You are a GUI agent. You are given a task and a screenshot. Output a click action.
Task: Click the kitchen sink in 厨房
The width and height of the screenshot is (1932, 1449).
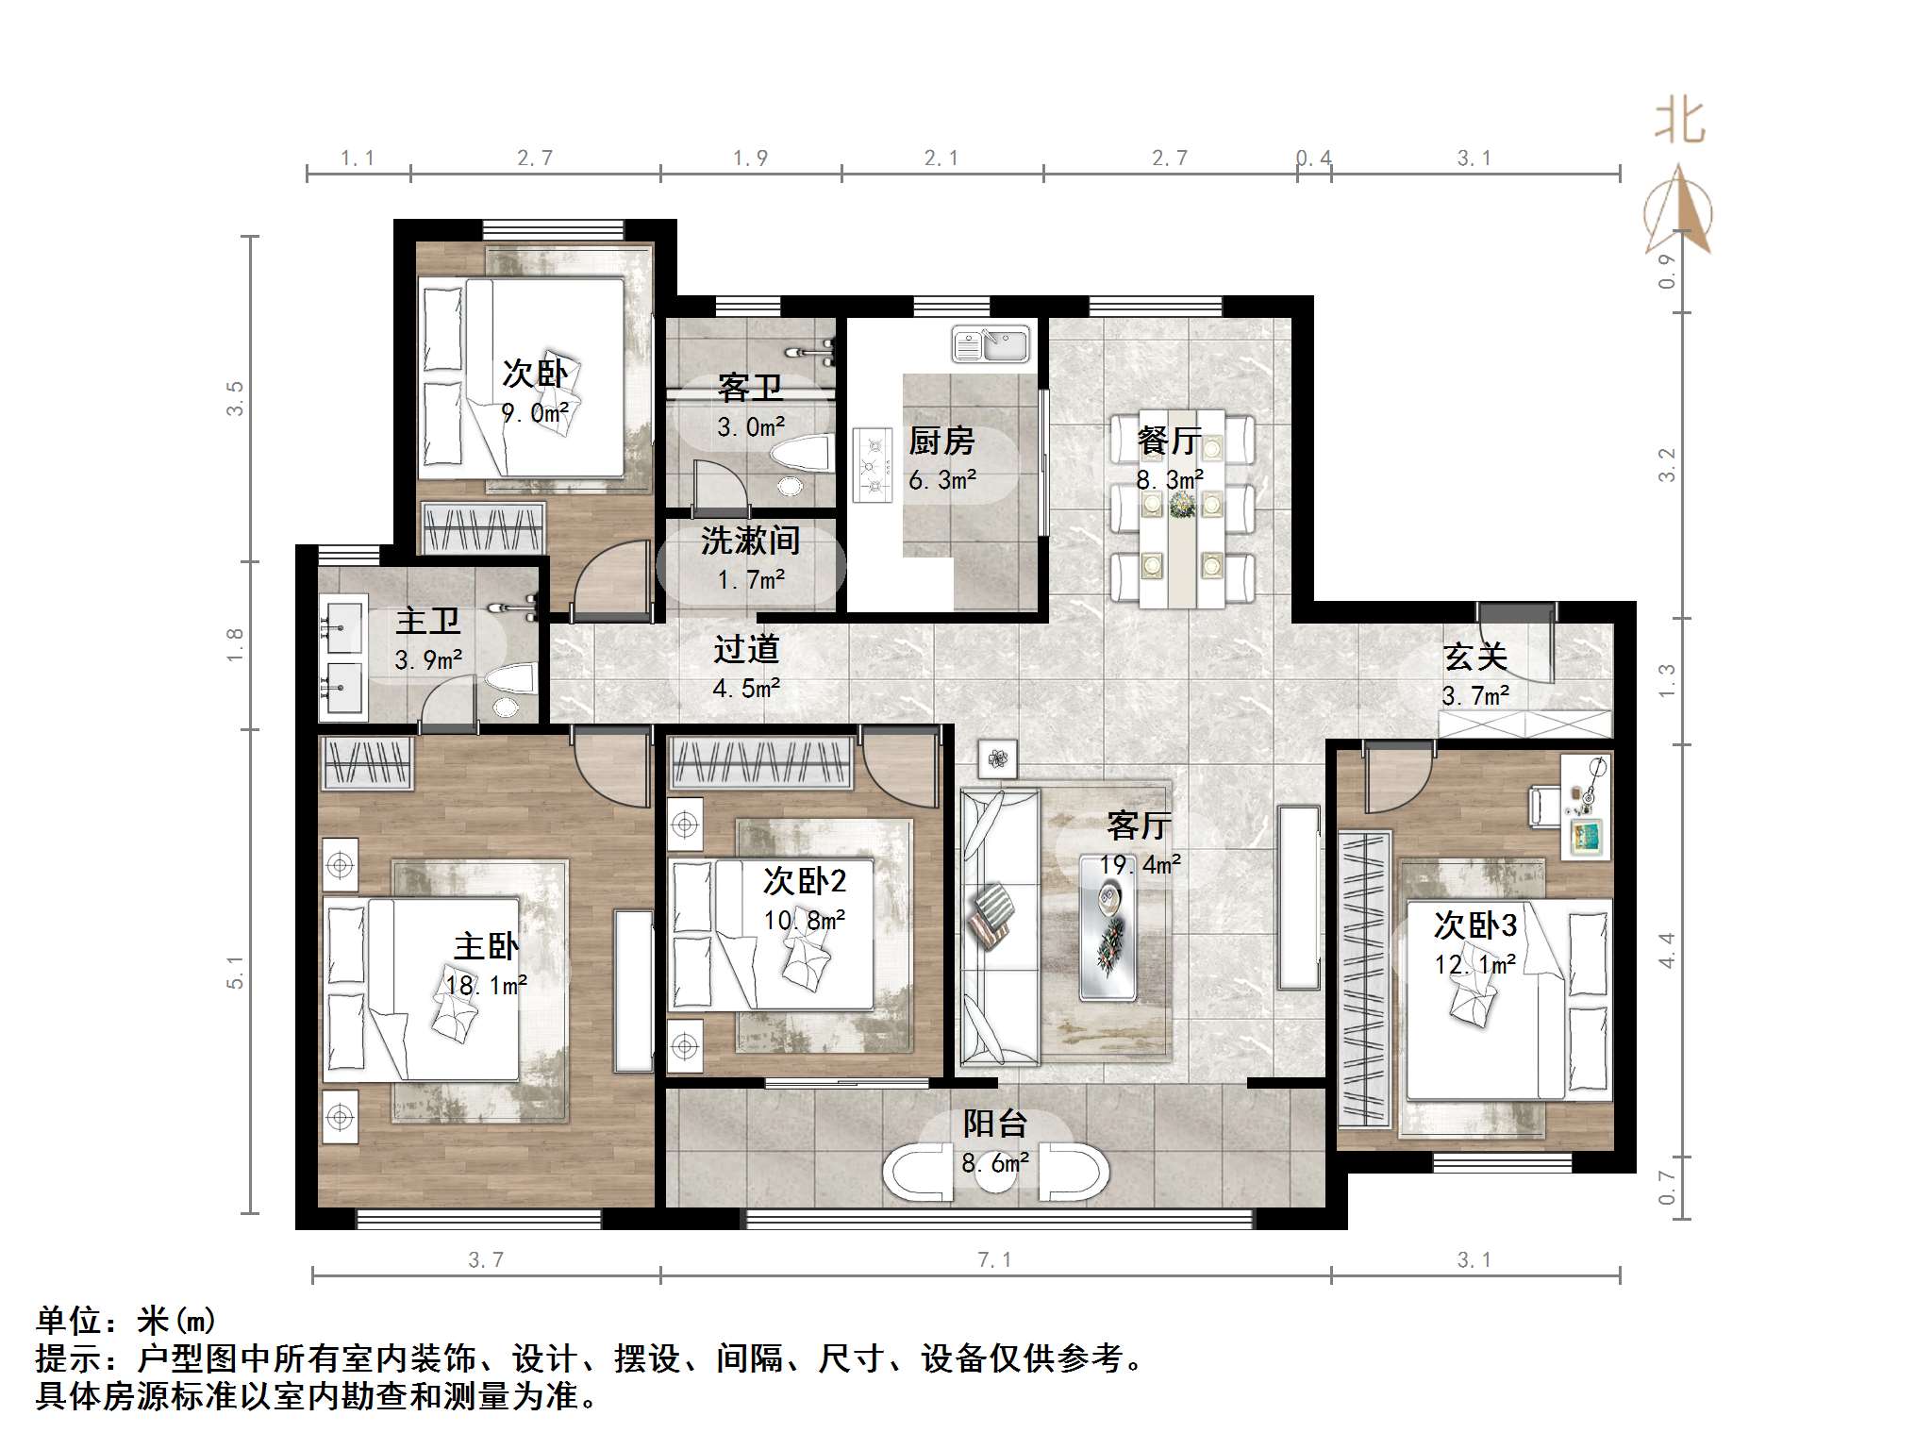pyautogui.click(x=991, y=344)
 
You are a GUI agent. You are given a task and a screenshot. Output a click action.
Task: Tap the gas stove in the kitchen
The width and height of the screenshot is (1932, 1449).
pyautogui.click(x=873, y=465)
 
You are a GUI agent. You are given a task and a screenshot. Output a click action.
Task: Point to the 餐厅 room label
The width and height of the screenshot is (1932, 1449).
pyautogui.click(x=1169, y=441)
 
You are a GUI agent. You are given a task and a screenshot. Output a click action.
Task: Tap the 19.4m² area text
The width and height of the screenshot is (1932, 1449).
pyautogui.click(x=1140, y=864)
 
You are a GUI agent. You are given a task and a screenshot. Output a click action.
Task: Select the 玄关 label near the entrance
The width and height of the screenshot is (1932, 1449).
pyautogui.click(x=1475, y=657)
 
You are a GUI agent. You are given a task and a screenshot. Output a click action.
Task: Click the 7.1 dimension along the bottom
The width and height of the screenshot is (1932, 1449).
pyautogui.click(x=994, y=1260)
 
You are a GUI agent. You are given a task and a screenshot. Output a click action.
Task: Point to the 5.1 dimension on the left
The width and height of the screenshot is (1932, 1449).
pyautogui.click(x=235, y=973)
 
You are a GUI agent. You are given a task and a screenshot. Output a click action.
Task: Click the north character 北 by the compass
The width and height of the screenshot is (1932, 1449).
pyautogui.click(x=1679, y=123)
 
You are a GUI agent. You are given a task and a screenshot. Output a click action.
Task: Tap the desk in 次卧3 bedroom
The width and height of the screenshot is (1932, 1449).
pyautogui.click(x=1586, y=807)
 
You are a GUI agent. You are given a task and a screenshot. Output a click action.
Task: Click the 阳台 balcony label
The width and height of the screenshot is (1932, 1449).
pyautogui.click(x=994, y=1124)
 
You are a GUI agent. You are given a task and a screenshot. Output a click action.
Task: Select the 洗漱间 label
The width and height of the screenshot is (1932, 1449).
pyautogui.click(x=750, y=541)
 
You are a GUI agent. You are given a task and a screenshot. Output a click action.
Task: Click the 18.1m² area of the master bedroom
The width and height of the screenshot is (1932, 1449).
pyautogui.click(x=486, y=986)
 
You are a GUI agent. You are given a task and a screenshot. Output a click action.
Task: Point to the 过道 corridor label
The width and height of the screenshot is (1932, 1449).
pyautogui.click(x=746, y=649)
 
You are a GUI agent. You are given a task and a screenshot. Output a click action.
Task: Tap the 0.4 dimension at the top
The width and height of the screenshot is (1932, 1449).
pyautogui.click(x=1313, y=158)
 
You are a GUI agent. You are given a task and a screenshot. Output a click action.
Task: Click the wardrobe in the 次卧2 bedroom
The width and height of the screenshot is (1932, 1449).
pyautogui.click(x=761, y=763)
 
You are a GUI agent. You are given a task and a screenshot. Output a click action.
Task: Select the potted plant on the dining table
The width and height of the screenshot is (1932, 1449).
pyautogui.click(x=1182, y=508)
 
